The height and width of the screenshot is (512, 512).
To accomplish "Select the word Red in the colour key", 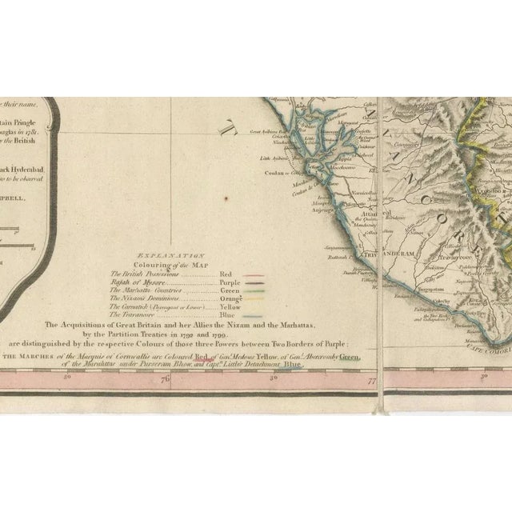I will click(225, 274).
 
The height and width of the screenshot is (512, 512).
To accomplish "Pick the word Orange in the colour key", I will click(229, 298).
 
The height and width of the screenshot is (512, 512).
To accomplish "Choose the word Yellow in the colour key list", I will click(229, 306).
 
